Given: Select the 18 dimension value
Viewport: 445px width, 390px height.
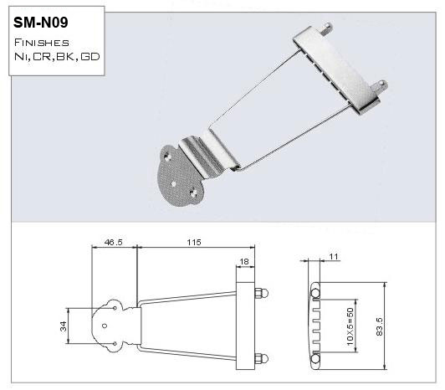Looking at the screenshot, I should pyautogui.click(x=244, y=261).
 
